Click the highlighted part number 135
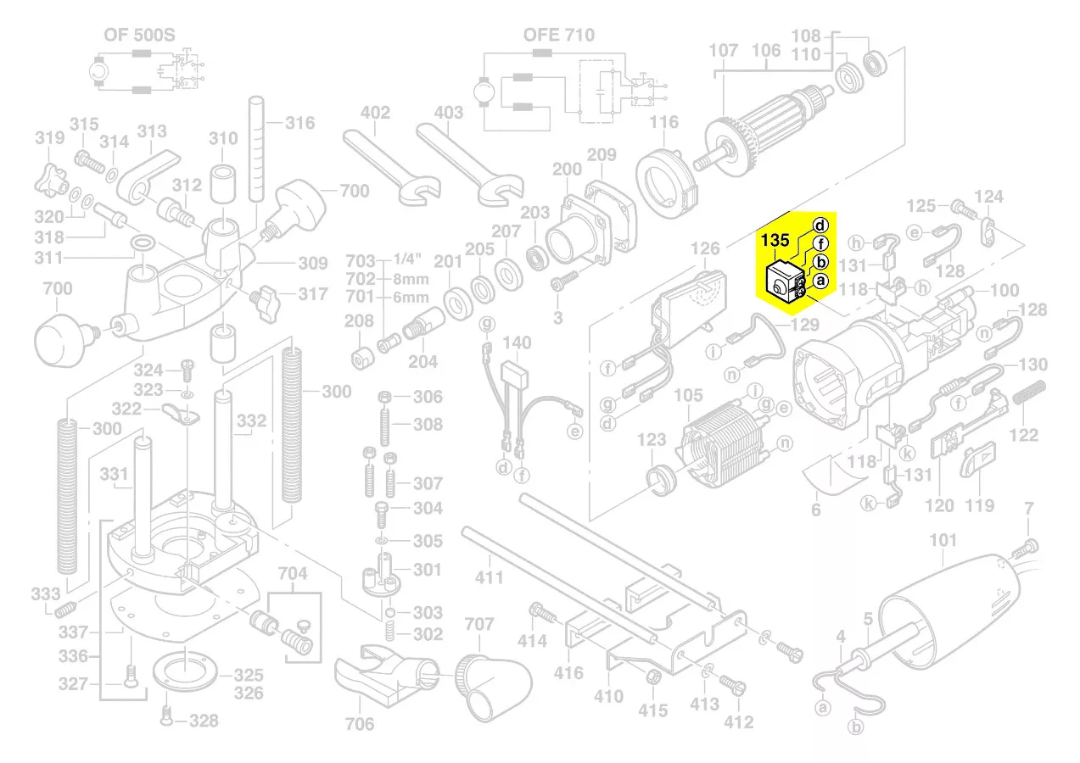775,240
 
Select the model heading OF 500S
139,35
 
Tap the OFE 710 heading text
558,35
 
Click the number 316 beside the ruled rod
299,123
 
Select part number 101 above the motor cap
943,540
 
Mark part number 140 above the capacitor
517,343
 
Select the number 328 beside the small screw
204,721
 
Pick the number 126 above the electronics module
705,248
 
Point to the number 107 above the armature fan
724,50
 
